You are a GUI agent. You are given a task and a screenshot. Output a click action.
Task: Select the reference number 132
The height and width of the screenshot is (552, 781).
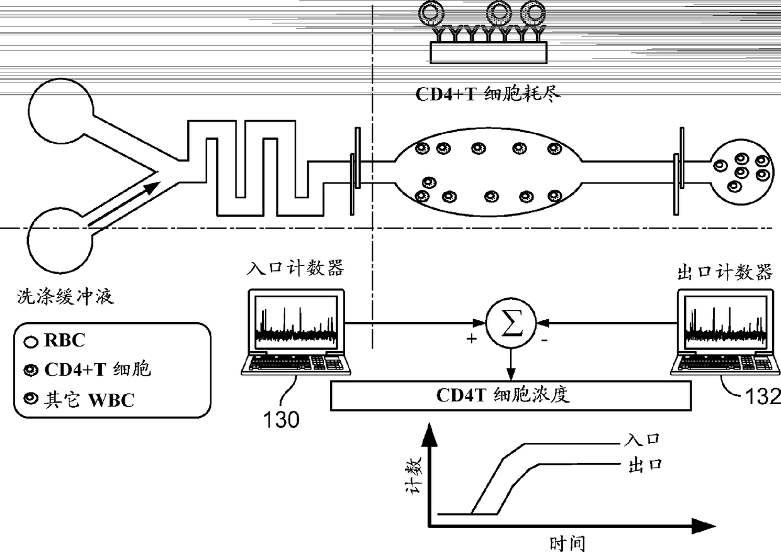coord(762,396)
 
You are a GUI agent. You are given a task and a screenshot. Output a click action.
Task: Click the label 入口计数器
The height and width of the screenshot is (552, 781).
coord(295,269)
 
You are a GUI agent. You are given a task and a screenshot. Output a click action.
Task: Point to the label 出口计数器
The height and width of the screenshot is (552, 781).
coord(724,272)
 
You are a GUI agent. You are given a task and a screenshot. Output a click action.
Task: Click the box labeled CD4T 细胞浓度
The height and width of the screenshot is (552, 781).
coord(510,396)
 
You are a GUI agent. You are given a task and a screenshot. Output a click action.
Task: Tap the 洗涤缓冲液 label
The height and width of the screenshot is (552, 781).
coord(65,296)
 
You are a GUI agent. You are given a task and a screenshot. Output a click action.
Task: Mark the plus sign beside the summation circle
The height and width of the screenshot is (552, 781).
coord(472,339)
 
